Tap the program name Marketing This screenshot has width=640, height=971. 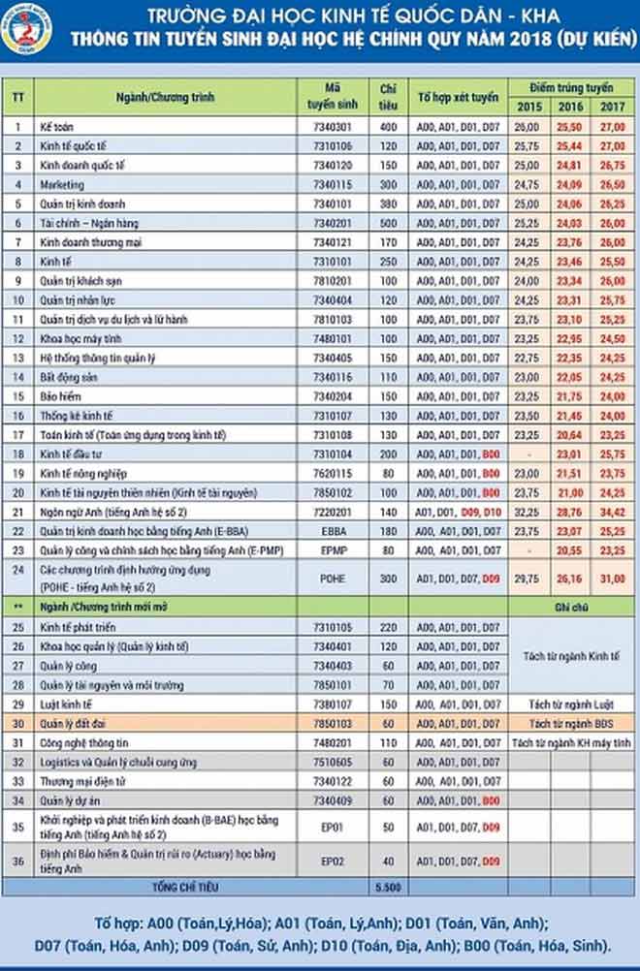click(x=62, y=184)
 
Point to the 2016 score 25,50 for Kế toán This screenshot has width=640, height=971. click(x=569, y=126)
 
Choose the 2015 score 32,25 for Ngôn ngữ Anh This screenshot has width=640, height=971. click(x=528, y=511)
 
